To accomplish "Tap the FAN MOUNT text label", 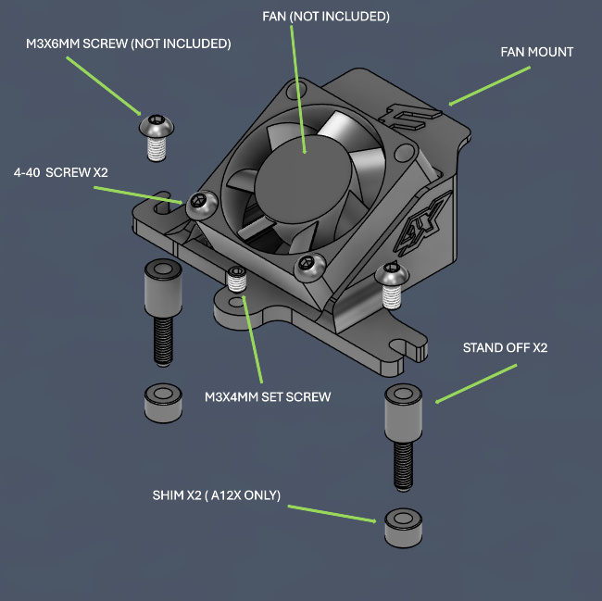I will pyautogui.click(x=536, y=52).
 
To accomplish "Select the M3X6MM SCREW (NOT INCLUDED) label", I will pyautogui.click(x=128, y=44).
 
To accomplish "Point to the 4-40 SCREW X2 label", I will pyautogui.click(x=61, y=173).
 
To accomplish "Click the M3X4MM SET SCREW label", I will pyautogui.click(x=267, y=397).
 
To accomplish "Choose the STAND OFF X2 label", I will pyautogui.click(x=505, y=349).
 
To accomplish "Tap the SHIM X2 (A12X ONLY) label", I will pyautogui.click(x=218, y=494).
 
